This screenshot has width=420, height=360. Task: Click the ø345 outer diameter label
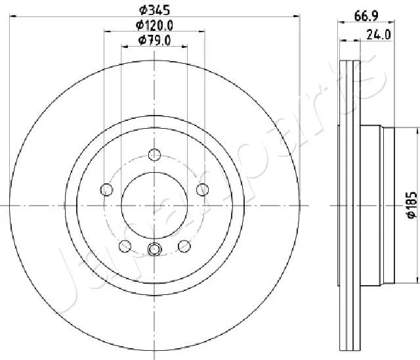(x=155, y=10)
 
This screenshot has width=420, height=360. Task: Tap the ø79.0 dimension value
(x=155, y=40)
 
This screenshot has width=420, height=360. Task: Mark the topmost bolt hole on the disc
(x=155, y=155)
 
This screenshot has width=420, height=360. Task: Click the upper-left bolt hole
(x=106, y=190)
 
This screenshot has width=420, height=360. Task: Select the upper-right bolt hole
(x=203, y=190)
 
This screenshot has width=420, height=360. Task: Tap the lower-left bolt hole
(x=125, y=246)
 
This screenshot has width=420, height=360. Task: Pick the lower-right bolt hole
(x=184, y=246)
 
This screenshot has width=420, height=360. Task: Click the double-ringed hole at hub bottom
(x=155, y=250)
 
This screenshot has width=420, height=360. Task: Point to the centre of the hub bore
(x=155, y=206)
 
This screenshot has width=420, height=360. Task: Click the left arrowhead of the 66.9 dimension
(x=341, y=23)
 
